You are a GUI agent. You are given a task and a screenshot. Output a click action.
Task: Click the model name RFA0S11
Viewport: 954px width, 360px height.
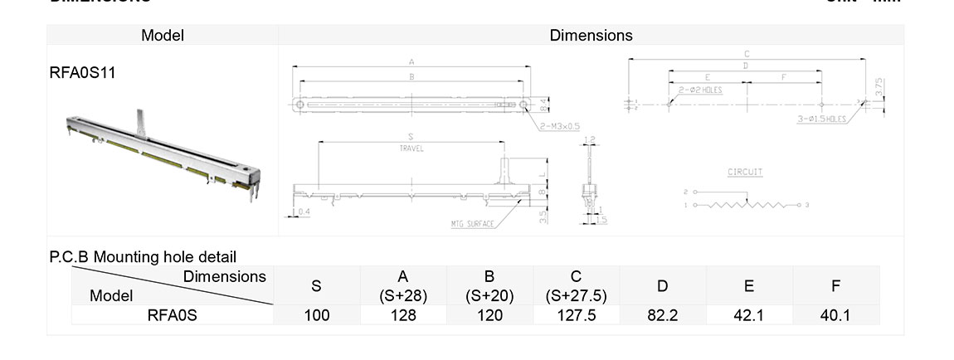coord(82,73)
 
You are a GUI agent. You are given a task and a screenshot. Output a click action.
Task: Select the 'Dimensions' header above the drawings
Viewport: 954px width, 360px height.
coord(591,35)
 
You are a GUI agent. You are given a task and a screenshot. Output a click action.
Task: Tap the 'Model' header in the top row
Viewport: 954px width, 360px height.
coord(162,35)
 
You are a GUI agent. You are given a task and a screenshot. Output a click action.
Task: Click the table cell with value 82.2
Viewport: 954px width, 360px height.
coord(662,315)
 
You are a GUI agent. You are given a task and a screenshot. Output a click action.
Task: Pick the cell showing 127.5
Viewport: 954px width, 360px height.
coord(576,315)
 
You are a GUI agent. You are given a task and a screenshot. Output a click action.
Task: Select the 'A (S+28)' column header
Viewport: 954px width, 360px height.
coord(402,285)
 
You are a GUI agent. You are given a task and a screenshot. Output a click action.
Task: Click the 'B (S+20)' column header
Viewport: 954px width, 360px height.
coord(489,285)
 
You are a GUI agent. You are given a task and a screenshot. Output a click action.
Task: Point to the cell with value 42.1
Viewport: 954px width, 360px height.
coord(748,315)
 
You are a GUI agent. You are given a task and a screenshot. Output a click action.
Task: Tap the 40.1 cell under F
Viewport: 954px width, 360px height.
coord(835,315)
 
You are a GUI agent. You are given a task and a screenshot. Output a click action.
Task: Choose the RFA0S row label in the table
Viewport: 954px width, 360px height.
coord(172,315)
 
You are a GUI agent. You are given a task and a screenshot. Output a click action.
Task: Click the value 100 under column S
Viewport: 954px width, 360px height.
coord(316,315)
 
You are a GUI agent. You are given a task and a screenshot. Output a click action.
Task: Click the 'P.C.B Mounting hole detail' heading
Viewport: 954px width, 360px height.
coord(143,257)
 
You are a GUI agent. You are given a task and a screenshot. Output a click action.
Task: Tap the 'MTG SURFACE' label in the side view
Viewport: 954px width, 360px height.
coord(473,224)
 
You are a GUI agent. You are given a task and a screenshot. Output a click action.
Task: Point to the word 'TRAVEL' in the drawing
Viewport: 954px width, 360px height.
coord(411,148)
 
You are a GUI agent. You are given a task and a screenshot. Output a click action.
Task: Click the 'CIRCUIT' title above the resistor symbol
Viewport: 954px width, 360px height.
coord(745,172)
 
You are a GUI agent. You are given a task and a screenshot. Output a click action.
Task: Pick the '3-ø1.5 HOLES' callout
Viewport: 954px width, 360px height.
coord(821,119)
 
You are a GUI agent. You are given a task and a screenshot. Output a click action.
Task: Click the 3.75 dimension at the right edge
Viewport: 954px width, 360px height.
coord(880,87)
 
